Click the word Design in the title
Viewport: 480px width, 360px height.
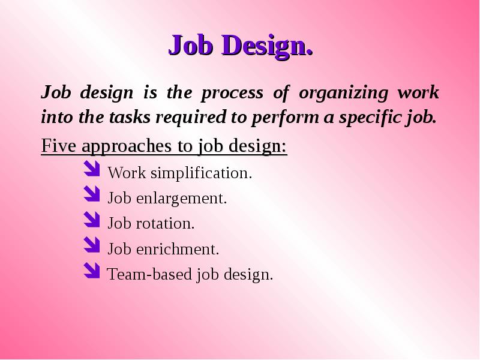267,46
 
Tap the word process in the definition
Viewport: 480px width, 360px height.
232,94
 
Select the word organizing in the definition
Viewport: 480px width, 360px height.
343,94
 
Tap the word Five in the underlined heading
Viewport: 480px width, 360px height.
58,145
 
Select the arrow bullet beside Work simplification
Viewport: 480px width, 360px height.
92,169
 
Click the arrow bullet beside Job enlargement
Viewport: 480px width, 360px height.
92,194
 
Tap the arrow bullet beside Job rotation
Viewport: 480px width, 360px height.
92,220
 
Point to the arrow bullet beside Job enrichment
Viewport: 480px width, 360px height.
92,245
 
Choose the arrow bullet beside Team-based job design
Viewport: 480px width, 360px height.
92,271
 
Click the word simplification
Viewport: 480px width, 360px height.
202,173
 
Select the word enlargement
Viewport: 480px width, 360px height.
182,199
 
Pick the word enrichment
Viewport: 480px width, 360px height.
178,248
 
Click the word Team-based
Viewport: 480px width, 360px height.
149,274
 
